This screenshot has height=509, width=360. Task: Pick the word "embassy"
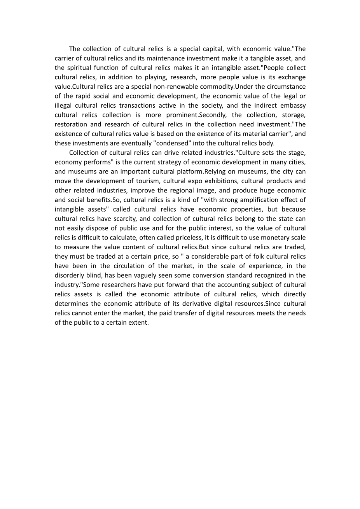point(292,105)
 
